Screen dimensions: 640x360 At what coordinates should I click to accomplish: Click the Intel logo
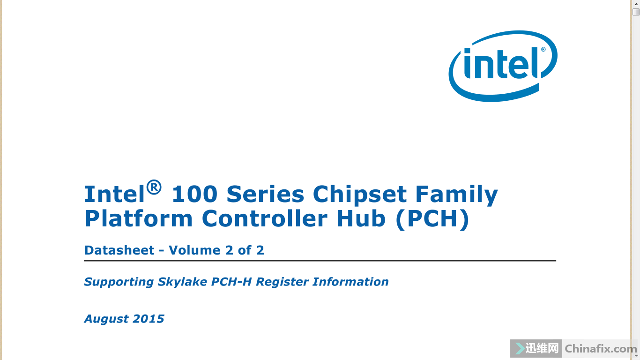(503, 66)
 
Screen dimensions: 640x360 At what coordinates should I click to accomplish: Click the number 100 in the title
(194, 194)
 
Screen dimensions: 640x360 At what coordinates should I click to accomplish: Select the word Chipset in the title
(360, 196)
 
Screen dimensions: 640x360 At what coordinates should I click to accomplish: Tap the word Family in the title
(456, 196)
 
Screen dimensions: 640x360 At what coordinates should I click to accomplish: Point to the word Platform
(139, 218)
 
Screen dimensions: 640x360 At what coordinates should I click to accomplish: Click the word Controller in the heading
(265, 218)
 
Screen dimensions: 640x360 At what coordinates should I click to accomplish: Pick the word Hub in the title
(361, 218)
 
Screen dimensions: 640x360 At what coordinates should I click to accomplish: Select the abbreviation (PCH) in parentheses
(432, 219)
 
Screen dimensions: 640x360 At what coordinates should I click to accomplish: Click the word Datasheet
(119, 250)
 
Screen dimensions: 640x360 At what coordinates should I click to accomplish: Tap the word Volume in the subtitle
(194, 250)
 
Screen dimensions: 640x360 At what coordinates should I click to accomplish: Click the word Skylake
(182, 282)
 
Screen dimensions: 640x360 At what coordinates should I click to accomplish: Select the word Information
(350, 282)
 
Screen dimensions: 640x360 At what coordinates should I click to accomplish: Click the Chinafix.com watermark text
(601, 349)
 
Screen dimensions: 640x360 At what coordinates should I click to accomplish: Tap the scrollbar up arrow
(636, 4)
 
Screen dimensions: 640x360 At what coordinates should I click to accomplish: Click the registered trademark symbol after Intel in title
(154, 187)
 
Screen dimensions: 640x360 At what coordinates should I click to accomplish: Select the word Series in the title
(265, 194)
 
